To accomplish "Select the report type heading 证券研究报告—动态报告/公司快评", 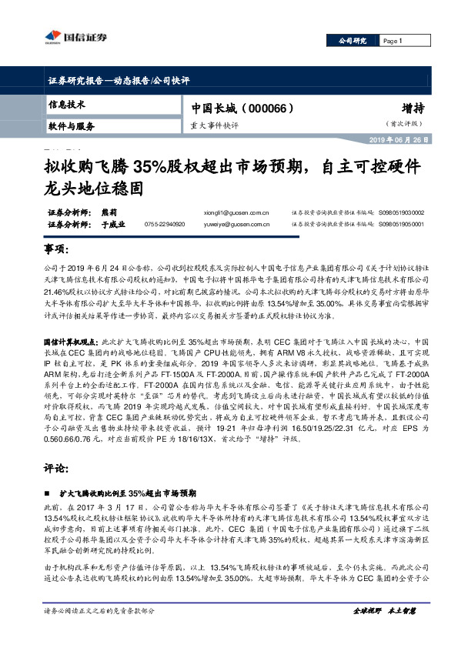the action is [x=113, y=81].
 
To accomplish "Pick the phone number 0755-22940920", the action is [x=165, y=225].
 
